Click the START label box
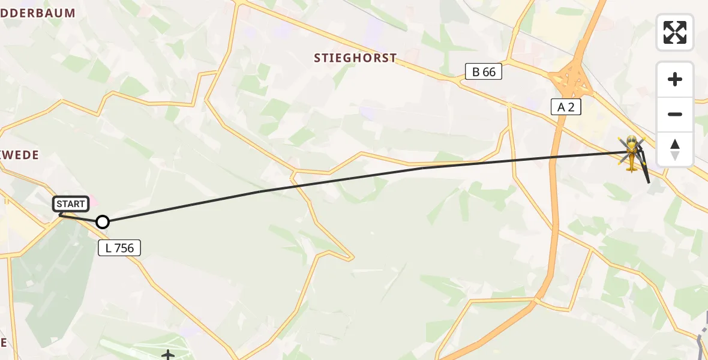(x=71, y=204)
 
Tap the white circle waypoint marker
(x=103, y=222)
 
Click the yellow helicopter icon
(x=631, y=152)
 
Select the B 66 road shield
(x=484, y=72)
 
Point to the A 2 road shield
(x=566, y=107)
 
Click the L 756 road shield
(x=119, y=247)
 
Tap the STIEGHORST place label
(x=355, y=58)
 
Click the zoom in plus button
(x=675, y=79)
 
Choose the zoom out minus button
(x=675, y=114)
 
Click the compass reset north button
(x=675, y=149)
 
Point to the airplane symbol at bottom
(x=168, y=356)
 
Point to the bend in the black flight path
(x=422, y=168)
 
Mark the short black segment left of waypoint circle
(x=78, y=218)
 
